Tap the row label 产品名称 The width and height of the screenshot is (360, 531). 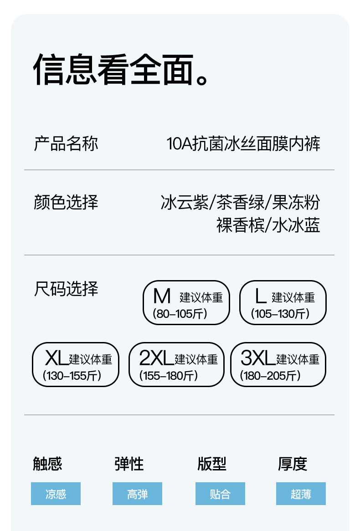click(x=66, y=144)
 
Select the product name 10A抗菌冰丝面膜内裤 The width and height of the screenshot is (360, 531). click(x=243, y=144)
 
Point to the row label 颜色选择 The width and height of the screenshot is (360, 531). click(x=66, y=202)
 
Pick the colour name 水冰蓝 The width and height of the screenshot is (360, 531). click(x=296, y=225)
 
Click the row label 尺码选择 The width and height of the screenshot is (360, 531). click(x=66, y=289)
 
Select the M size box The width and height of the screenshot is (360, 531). click(x=186, y=302)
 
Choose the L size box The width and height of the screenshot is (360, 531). click(x=283, y=302)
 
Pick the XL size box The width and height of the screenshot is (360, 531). click(x=75, y=364)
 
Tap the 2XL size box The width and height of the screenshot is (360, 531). click(x=176, y=364)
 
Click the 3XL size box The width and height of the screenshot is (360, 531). click(x=278, y=364)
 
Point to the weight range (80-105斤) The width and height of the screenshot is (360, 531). click(x=180, y=314)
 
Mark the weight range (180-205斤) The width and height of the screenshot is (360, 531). click(x=271, y=376)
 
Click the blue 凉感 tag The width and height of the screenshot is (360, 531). click(x=56, y=494)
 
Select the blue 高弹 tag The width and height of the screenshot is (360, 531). click(x=137, y=494)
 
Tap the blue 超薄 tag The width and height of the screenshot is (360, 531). click(x=301, y=494)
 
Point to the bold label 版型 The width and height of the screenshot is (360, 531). click(x=212, y=464)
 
